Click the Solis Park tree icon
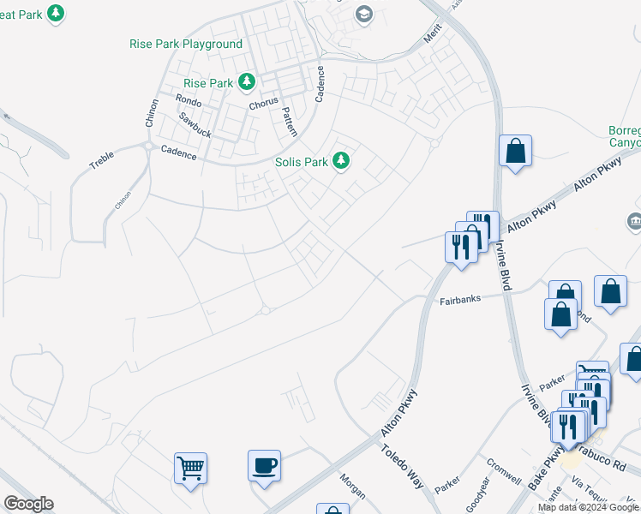pos(341,161)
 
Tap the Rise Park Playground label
pos(186,44)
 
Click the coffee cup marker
pos(264,466)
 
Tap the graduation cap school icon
pos(363,14)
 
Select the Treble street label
pos(102,164)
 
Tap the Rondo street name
pos(189,100)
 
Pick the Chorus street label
pos(264,105)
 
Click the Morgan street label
pos(352,486)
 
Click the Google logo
pos(28,504)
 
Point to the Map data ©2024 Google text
pos(588,508)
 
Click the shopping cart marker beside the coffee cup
pos(190,468)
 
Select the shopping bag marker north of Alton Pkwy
pos(515,151)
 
